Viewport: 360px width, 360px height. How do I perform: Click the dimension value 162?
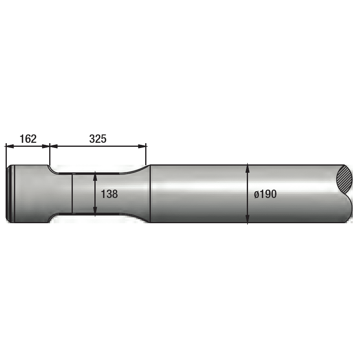click(x=28, y=139)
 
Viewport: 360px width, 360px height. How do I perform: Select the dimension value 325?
click(x=98, y=139)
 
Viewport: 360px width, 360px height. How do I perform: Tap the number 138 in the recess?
click(x=109, y=194)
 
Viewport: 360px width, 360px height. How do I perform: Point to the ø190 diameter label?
click(x=265, y=194)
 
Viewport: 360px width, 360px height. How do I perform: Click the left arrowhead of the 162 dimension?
click(x=8, y=146)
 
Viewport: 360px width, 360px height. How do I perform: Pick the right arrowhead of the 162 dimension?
click(x=46, y=146)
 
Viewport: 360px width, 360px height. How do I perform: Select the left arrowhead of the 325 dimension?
click(x=53, y=146)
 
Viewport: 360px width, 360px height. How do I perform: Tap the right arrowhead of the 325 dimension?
click(x=143, y=146)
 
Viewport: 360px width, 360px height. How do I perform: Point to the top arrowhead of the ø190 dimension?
click(x=248, y=166)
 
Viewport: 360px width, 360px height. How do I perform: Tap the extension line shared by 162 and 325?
click(x=50, y=154)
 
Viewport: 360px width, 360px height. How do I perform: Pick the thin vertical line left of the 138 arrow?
click(x=72, y=194)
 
